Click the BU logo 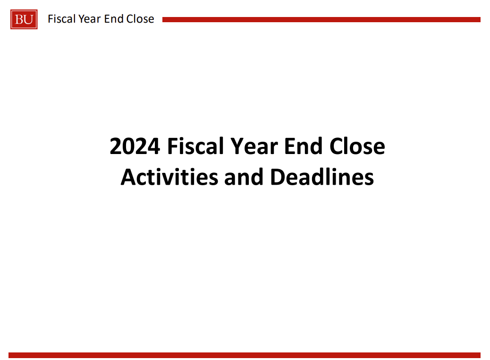pyautogui.click(x=24, y=19)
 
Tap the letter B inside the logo pyautogui.click(x=19, y=20)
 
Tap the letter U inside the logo pyautogui.click(x=28, y=20)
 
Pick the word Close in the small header pyautogui.click(x=140, y=19)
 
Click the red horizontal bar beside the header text pyautogui.click(x=321, y=20)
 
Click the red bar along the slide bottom pyautogui.click(x=245, y=355)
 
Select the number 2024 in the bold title pyautogui.click(x=135, y=146)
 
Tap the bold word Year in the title pyautogui.click(x=254, y=146)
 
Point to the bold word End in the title pyautogui.click(x=303, y=146)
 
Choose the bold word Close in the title pyautogui.click(x=357, y=146)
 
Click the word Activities pyautogui.click(x=169, y=177)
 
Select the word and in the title pyautogui.click(x=244, y=177)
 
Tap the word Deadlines pyautogui.click(x=322, y=177)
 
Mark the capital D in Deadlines pyautogui.click(x=278, y=177)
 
